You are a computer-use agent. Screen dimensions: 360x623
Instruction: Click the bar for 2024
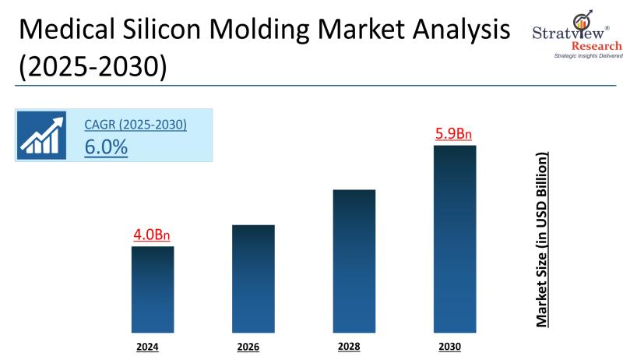(152, 289)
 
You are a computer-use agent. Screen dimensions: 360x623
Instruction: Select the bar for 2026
(253, 278)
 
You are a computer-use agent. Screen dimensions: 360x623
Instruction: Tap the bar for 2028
(354, 260)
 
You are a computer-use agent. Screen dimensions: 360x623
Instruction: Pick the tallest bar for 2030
(455, 238)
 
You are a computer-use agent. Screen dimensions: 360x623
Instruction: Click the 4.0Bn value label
(152, 235)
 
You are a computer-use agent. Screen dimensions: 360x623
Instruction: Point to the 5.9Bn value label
(454, 133)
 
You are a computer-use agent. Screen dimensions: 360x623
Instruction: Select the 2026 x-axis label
(248, 347)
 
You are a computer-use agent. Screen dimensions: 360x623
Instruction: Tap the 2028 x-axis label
(350, 346)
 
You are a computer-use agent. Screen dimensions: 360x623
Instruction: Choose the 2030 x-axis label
(450, 347)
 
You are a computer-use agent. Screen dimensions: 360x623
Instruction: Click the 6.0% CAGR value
(106, 146)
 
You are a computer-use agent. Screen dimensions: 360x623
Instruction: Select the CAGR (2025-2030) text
(136, 124)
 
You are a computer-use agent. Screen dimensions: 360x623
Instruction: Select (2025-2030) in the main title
(92, 66)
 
